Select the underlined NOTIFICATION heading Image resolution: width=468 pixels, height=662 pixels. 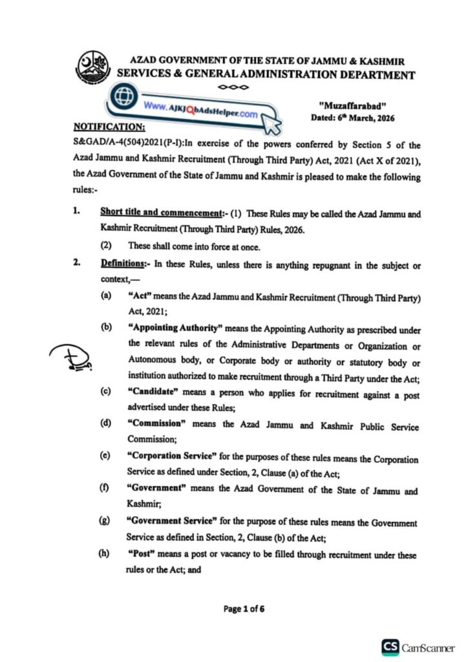point(109,126)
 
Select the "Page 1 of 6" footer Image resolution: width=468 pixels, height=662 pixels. point(244,608)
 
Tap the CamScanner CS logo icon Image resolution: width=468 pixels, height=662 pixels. point(390,646)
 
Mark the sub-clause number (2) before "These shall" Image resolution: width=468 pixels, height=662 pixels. point(106,246)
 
